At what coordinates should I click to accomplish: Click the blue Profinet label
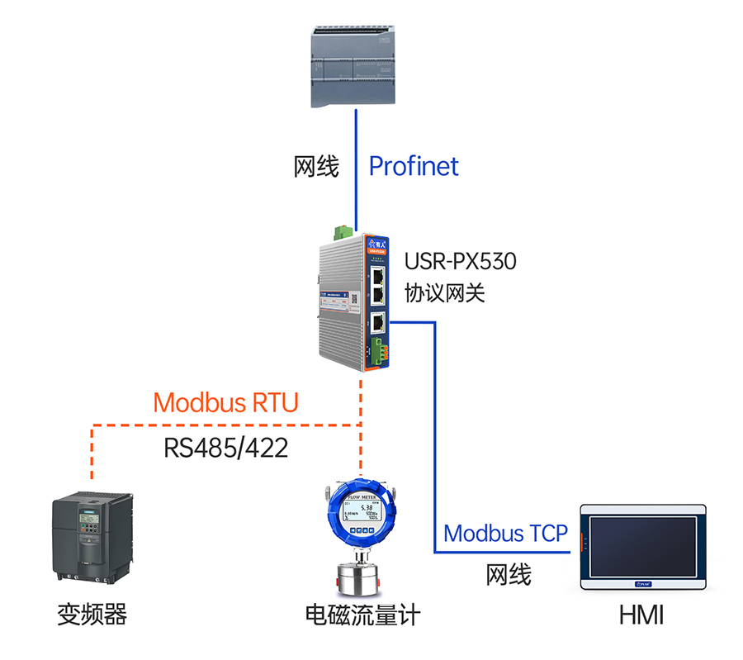(413, 166)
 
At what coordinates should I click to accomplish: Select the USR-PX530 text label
(460, 262)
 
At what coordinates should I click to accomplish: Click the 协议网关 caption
(444, 292)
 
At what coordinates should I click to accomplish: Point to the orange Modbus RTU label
(225, 403)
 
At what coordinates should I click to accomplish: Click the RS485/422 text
(225, 448)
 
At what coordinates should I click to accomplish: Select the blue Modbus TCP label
(505, 533)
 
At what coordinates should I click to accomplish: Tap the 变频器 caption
(92, 615)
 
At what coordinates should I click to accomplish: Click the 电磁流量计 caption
(362, 615)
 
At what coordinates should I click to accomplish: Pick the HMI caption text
(641, 615)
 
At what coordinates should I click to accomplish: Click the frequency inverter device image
(92, 537)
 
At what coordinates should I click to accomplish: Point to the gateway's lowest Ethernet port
(376, 321)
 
